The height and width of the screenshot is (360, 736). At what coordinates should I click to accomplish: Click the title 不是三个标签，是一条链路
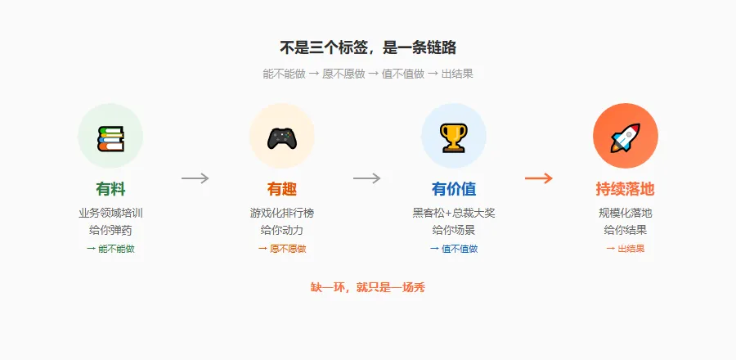(367, 47)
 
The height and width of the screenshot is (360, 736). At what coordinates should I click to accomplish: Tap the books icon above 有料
(110, 137)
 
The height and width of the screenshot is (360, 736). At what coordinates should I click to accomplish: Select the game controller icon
(282, 137)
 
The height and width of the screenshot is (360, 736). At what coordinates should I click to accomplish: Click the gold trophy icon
(453, 137)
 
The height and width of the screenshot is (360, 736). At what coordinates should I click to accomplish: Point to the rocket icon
(625, 137)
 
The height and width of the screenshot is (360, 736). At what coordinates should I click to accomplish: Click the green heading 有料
(110, 189)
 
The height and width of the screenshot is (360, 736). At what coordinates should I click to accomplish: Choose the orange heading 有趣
(282, 189)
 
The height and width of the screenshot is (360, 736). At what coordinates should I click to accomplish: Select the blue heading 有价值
(453, 189)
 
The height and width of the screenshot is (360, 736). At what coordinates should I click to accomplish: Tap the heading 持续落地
(625, 189)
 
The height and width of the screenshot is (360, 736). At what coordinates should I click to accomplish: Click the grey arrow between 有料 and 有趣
(195, 178)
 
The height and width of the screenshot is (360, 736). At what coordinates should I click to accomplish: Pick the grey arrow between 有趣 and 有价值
(367, 178)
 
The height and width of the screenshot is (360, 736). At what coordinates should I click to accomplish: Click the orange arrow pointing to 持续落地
(539, 178)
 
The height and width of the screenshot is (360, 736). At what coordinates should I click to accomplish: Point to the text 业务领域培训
(110, 213)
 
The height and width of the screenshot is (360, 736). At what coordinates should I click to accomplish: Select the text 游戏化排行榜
(282, 213)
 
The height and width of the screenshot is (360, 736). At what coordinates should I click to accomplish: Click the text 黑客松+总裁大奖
(453, 213)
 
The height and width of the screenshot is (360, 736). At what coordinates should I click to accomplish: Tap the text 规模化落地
(625, 213)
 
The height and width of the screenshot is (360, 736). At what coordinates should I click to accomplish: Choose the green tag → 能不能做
(110, 249)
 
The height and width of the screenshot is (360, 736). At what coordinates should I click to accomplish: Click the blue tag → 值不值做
(453, 249)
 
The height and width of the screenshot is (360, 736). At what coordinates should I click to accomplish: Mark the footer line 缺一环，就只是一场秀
(367, 287)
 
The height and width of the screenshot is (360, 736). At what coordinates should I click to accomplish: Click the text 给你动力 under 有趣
(282, 230)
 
